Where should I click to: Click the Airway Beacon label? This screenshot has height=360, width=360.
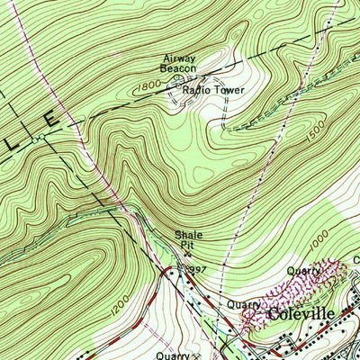point(177,62)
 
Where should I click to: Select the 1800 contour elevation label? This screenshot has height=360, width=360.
point(148,88)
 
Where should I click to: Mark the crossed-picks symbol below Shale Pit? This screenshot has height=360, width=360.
point(187,254)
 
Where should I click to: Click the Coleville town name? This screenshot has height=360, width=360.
point(299,315)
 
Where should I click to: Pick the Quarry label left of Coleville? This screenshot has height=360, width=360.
point(243,304)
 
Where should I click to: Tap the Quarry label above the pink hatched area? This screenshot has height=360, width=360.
point(304,270)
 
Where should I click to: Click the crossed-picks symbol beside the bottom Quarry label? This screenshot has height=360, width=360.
point(194,355)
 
